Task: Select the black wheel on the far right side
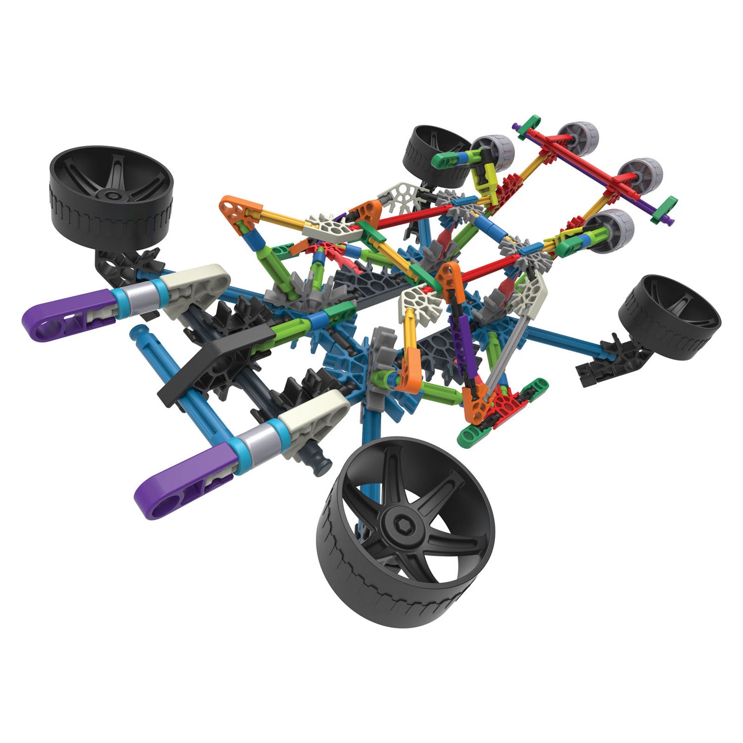coord(670,317)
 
